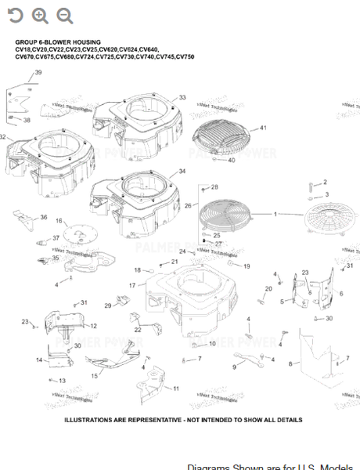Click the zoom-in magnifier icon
coord(40,16)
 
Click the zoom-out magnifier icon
coord(64,16)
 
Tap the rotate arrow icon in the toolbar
coord(16,16)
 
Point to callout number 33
coord(182,97)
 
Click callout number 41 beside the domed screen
coord(263,128)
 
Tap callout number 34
coord(182,171)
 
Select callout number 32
coord(4,137)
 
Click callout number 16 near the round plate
coord(59,222)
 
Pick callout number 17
coord(132,286)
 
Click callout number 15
coord(95,376)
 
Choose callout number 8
coord(290,364)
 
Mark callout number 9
coord(234,367)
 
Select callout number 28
coord(215,187)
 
